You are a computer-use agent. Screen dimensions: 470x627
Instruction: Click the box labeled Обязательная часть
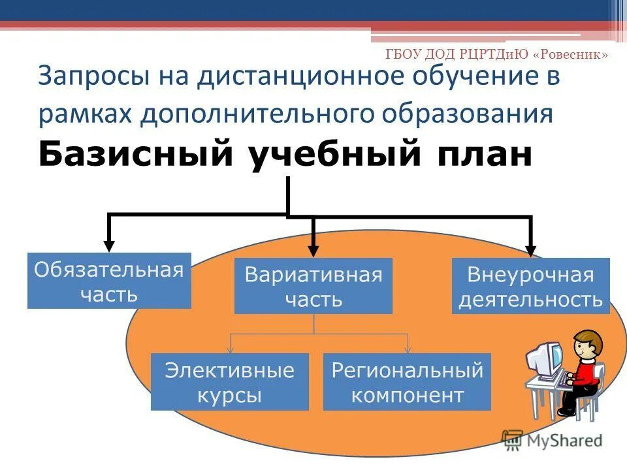109,281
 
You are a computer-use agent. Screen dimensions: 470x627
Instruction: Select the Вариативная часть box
313,286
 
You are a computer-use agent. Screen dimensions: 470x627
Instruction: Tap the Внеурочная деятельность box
530,286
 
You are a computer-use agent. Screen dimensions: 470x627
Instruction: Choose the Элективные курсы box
229,382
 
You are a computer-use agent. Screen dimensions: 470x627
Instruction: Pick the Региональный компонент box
407,382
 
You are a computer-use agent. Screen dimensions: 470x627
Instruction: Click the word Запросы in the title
92,76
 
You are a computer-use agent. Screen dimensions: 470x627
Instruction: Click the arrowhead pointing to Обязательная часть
109,246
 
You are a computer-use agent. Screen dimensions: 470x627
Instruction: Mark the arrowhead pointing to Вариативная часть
313,250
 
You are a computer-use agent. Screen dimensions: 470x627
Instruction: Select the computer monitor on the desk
544,358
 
